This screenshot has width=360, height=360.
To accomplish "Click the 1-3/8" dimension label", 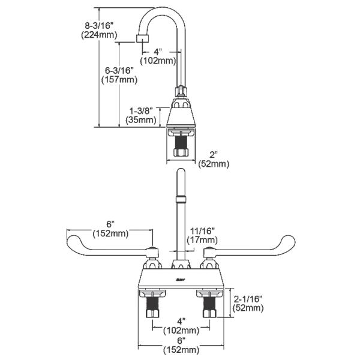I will pyautogui.click(x=143, y=110).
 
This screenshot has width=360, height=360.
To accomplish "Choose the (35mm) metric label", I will pyautogui.click(x=143, y=119).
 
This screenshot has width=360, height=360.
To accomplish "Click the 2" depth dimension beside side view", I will pyautogui.click(x=214, y=154).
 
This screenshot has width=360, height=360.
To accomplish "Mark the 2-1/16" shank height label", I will pyautogui.click(x=248, y=298).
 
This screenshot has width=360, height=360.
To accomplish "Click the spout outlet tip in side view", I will pyautogui.click(x=142, y=40).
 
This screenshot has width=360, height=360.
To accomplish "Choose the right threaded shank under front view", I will pyautogui.click(x=209, y=308).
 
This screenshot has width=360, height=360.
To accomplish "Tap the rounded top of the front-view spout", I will pyautogui.click(x=179, y=174).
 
